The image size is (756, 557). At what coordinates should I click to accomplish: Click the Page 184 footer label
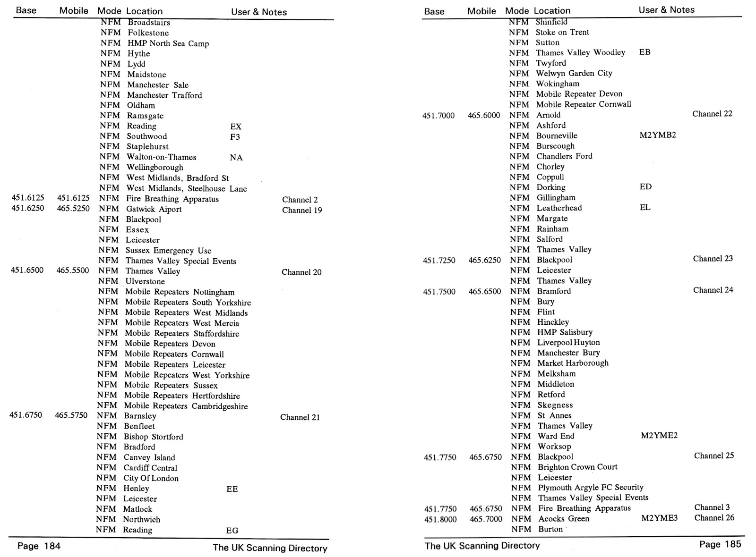(x=39, y=546)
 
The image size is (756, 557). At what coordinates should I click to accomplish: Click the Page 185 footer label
(x=720, y=544)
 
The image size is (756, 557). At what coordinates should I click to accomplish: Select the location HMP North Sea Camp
(x=168, y=43)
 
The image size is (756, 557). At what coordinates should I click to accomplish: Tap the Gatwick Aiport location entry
(x=154, y=209)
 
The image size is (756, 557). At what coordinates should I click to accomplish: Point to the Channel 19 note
(x=302, y=210)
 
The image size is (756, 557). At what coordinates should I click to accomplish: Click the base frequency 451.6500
(x=27, y=270)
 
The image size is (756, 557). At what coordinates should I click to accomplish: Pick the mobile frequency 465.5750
(x=71, y=415)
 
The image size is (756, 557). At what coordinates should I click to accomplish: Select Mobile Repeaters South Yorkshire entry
(x=188, y=303)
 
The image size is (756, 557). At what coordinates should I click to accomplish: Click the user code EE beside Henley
(x=232, y=489)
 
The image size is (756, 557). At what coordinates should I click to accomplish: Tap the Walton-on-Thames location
(x=161, y=157)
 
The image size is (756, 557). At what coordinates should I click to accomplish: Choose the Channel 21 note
(x=300, y=417)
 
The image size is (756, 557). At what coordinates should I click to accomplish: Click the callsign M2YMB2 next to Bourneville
(x=657, y=135)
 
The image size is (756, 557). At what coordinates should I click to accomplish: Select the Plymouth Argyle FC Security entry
(x=590, y=487)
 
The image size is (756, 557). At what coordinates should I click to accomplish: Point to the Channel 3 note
(x=712, y=507)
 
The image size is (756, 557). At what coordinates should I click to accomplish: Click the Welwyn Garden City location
(x=574, y=73)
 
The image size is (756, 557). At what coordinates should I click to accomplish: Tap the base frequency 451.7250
(x=439, y=260)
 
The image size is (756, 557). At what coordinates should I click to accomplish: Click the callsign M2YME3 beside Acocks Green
(x=659, y=518)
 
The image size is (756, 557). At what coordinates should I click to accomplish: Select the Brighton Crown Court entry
(x=577, y=467)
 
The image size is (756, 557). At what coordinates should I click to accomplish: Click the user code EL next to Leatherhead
(x=645, y=207)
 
